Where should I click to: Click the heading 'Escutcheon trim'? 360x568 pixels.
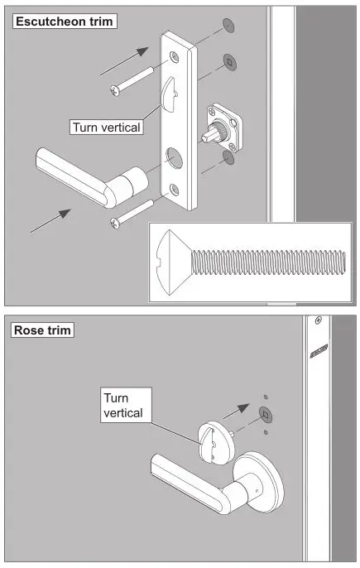click(63, 20)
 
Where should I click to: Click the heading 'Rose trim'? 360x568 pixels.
click(43, 330)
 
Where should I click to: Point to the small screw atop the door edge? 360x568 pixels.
click(318, 319)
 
